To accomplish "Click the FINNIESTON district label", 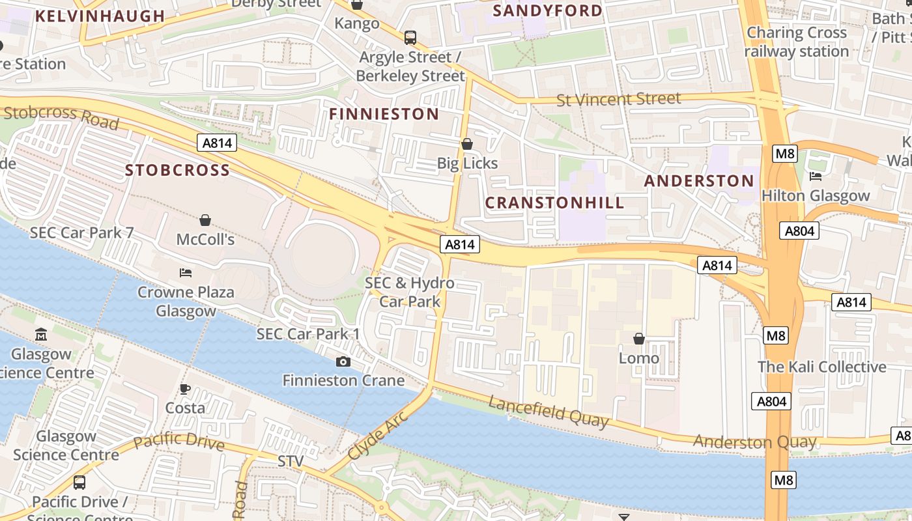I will click(x=384, y=114).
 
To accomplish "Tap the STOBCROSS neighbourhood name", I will click(x=177, y=171).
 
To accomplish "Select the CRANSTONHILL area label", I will click(x=554, y=203).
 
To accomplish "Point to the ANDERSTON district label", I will click(x=698, y=181).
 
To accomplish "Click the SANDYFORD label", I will click(x=548, y=11).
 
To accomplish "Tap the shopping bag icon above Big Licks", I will click(x=467, y=144).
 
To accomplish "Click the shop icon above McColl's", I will click(x=205, y=220).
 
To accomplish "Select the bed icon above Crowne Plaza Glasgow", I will click(x=186, y=273).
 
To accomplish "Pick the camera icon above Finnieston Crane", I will click(x=343, y=361).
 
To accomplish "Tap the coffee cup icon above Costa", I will click(x=185, y=389).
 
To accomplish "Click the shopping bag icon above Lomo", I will click(x=638, y=339).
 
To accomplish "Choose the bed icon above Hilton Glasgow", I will click(x=815, y=176).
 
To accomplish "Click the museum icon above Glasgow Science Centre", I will click(x=41, y=335).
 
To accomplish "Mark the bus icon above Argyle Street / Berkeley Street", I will click(x=410, y=38).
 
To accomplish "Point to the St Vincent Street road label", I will click(x=618, y=100).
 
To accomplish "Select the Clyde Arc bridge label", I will click(x=378, y=436).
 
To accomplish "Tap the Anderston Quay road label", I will click(x=754, y=442).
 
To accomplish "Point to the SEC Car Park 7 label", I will click(x=81, y=232).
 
